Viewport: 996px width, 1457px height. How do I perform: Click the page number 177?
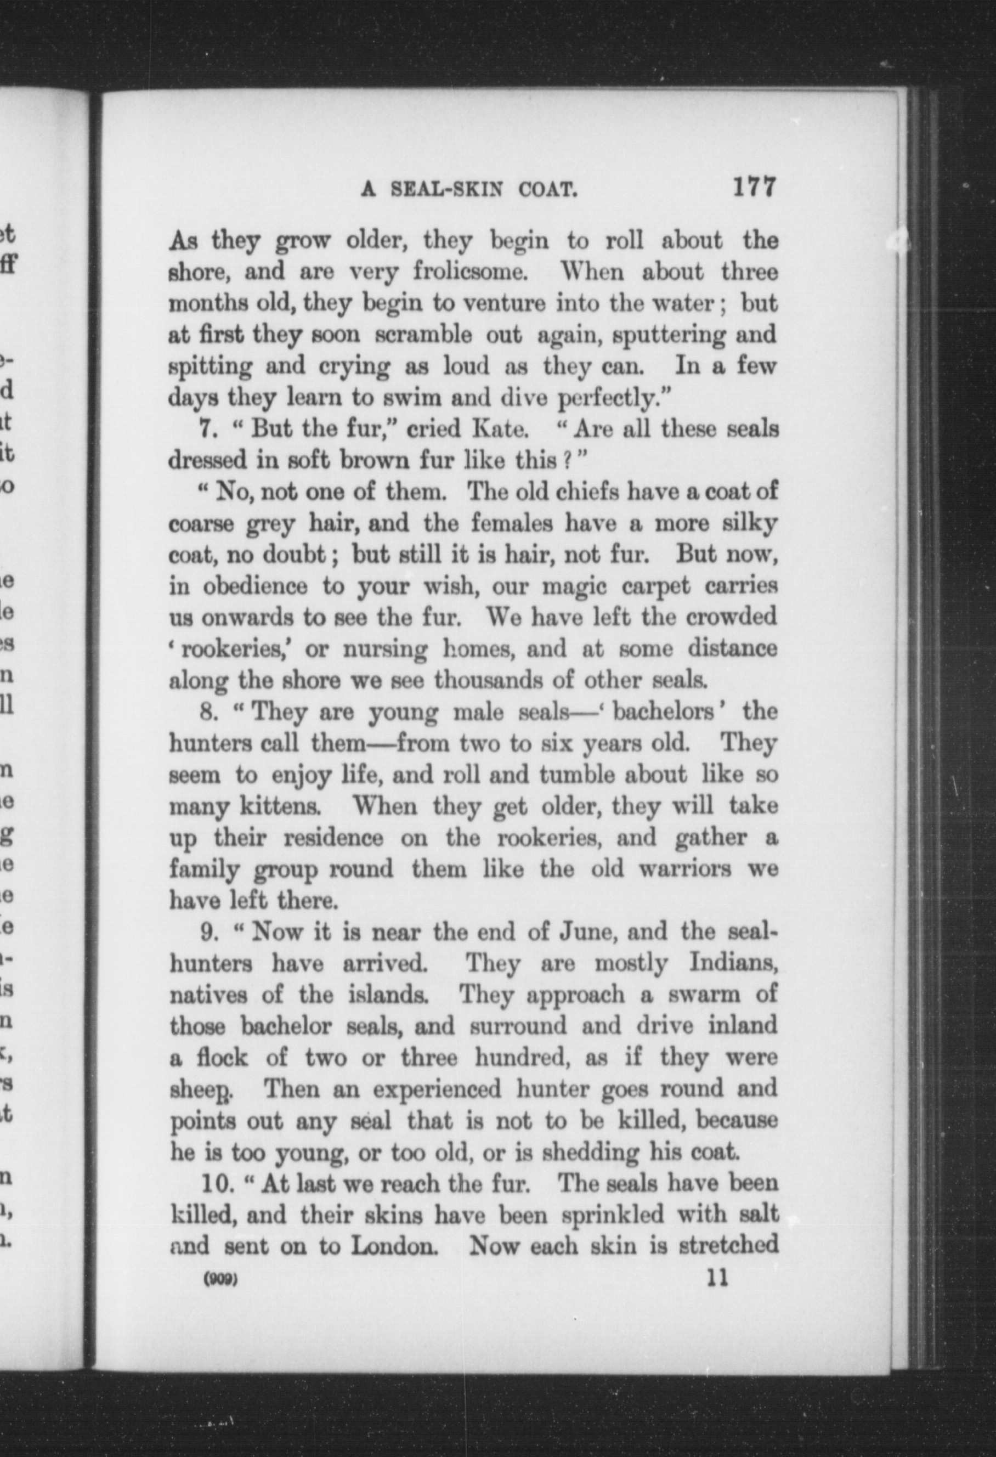click(x=754, y=187)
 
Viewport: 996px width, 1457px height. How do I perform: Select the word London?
click(x=394, y=1246)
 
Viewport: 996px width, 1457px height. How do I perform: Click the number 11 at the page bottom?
click(x=717, y=1278)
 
